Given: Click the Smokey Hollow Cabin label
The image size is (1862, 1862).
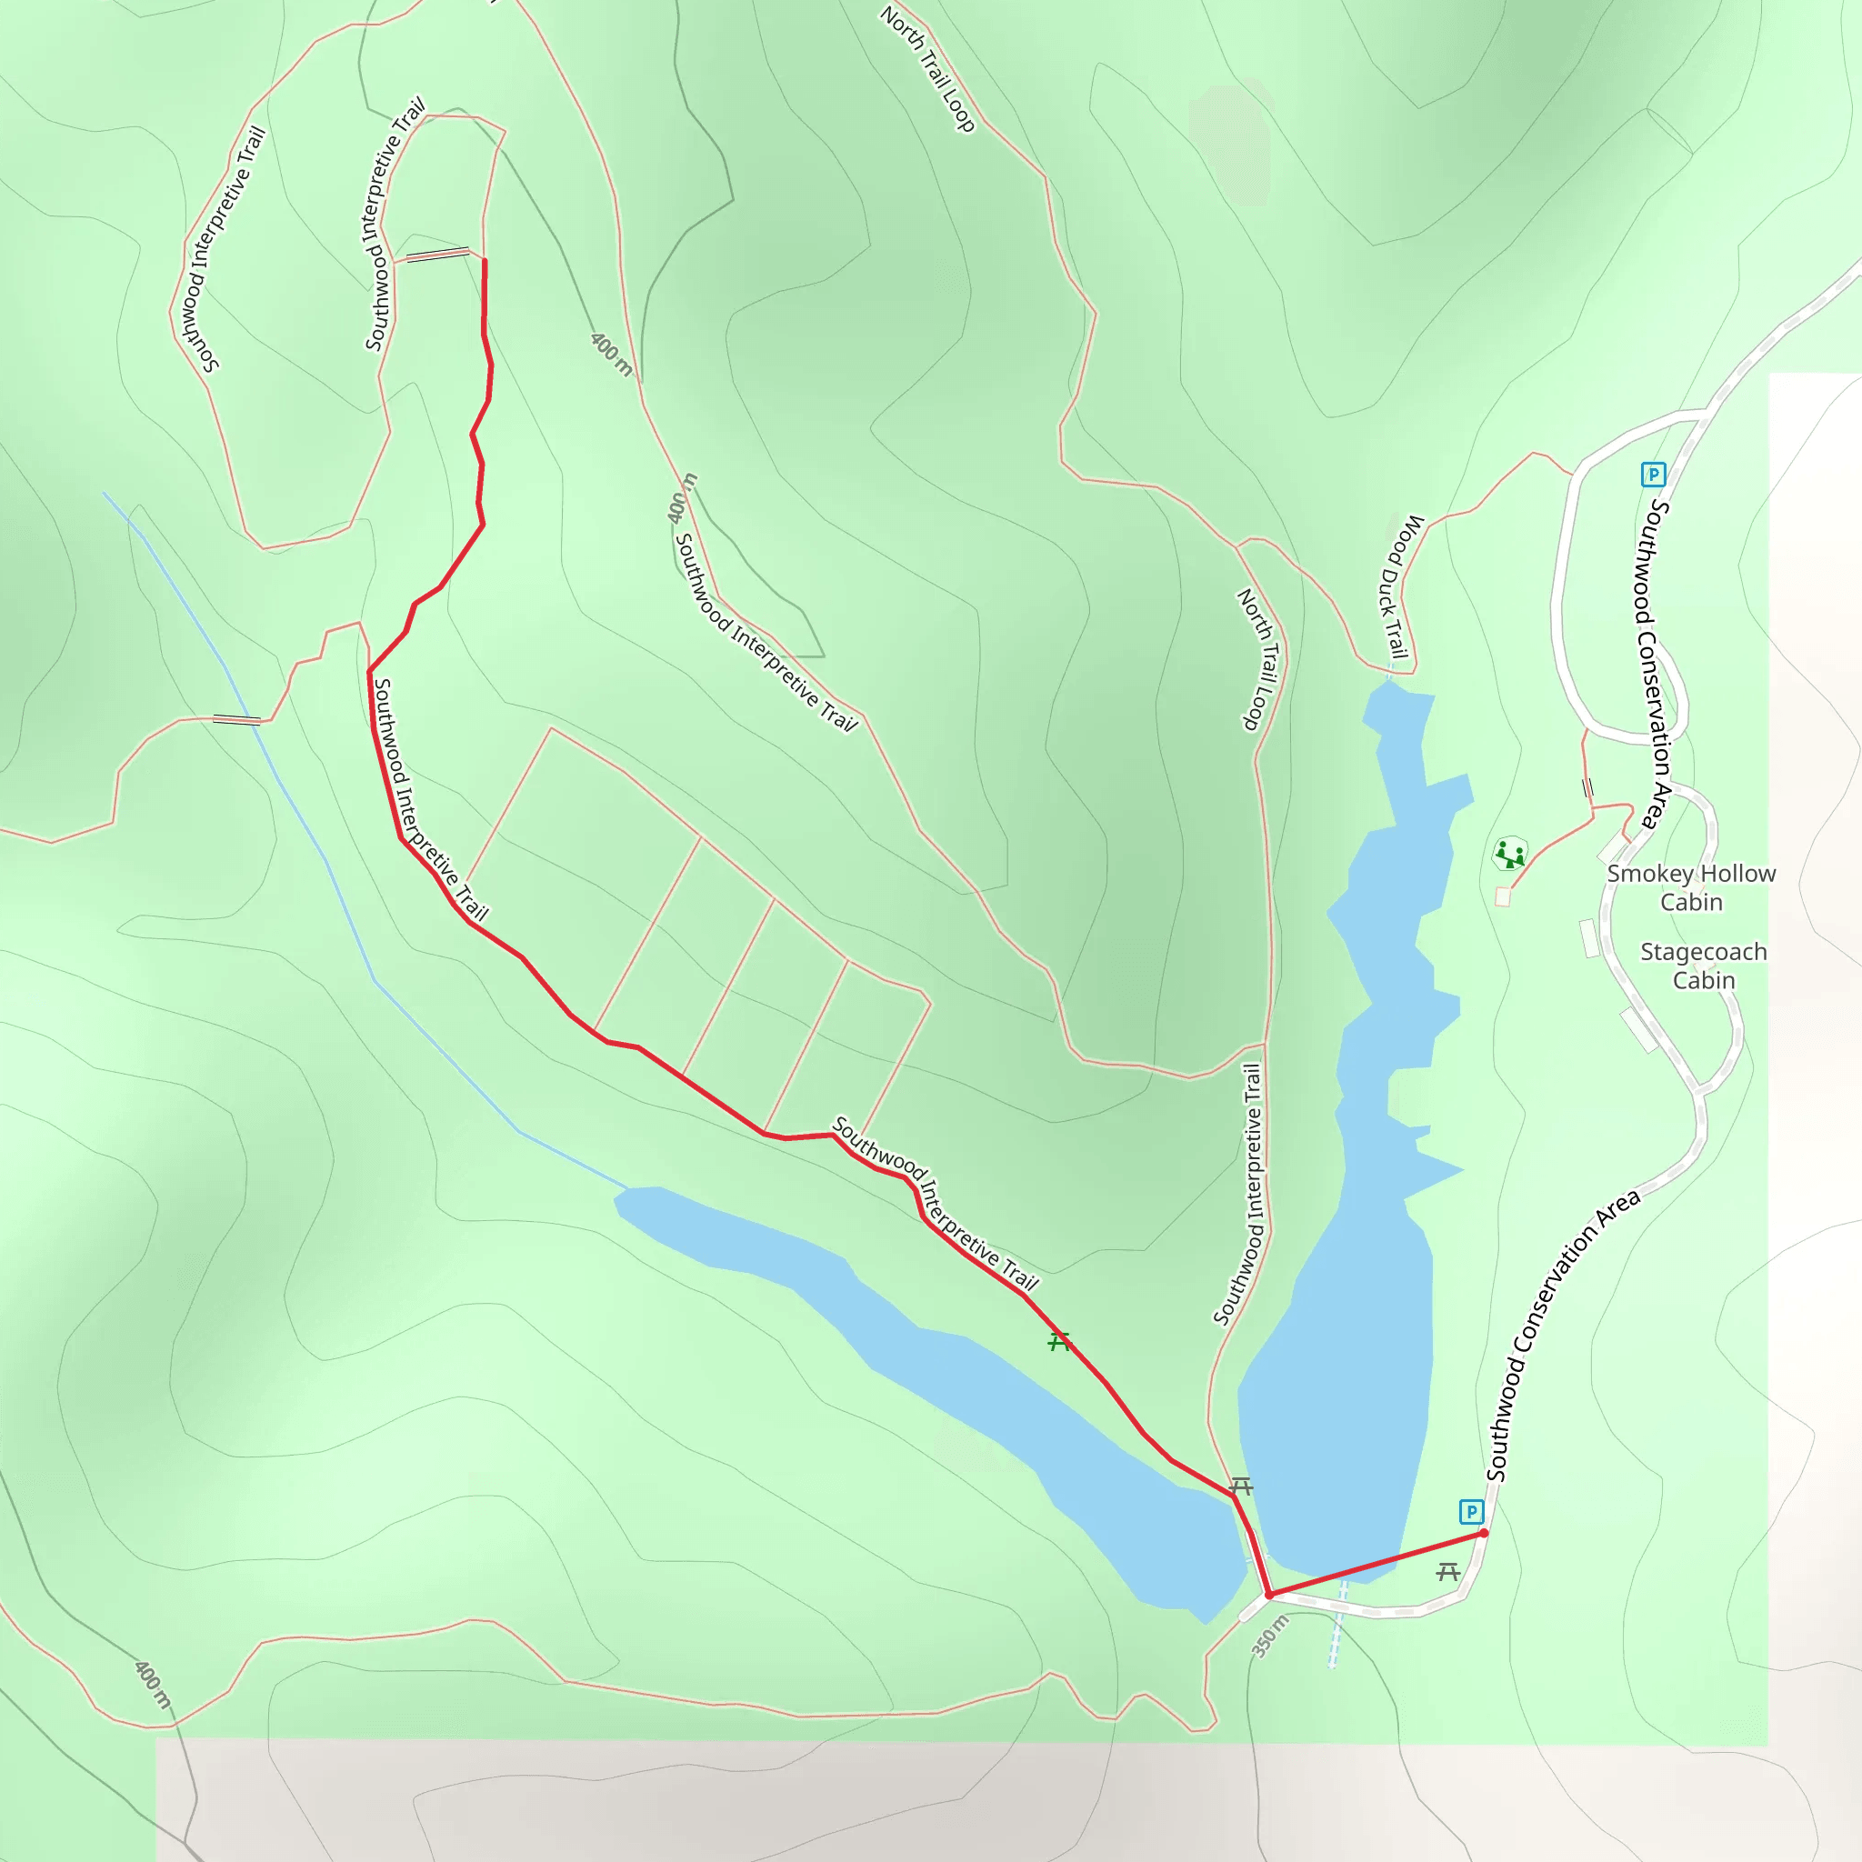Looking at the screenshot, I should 1690,887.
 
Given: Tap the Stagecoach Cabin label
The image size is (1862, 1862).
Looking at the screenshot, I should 1703,966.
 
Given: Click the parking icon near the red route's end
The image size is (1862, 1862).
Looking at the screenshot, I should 1471,1511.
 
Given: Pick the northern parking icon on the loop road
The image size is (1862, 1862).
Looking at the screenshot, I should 1653,475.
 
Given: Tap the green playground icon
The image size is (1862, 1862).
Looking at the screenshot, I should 1509,853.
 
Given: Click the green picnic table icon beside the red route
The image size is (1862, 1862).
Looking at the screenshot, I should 1059,1342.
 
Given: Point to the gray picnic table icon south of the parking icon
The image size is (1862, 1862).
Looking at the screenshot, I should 1447,1572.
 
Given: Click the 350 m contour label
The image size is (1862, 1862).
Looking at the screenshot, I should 1270,1637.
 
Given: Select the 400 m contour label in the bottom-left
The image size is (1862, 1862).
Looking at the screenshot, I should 152,1685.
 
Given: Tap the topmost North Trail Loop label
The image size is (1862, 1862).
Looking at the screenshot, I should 927,69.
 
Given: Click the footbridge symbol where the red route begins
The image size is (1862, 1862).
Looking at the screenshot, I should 437,255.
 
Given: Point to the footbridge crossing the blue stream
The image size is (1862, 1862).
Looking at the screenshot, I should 236,719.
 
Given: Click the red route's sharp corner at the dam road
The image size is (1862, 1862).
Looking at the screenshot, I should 1269,1595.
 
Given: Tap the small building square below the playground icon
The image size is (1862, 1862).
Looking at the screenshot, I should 1502,897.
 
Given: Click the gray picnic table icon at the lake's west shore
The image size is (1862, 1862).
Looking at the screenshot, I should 1241,1487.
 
